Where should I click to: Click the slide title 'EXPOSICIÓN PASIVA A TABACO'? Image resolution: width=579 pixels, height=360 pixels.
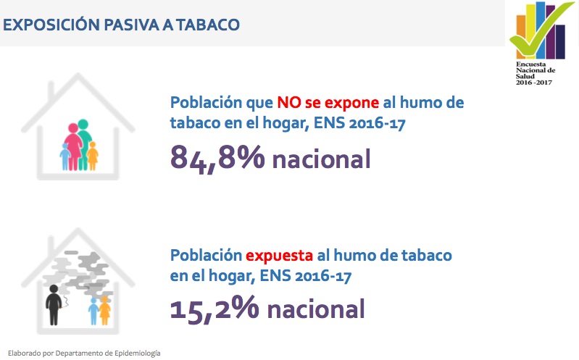[121, 25]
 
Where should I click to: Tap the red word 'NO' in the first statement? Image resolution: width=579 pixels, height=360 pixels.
[289, 103]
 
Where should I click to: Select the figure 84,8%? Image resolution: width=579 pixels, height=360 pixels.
[217, 159]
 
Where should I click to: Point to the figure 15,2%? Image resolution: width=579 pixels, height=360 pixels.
[214, 309]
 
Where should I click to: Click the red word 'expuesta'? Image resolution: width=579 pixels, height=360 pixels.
[279, 256]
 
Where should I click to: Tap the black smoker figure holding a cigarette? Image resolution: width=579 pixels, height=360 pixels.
[54, 305]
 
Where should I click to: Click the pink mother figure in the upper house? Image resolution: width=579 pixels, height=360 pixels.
[73, 146]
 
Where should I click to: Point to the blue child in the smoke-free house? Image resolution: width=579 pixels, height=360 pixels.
[65, 156]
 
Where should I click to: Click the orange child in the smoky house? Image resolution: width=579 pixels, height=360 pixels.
[105, 311]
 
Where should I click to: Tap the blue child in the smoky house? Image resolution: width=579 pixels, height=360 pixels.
[93, 311]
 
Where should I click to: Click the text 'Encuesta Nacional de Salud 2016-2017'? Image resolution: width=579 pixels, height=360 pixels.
[536, 73]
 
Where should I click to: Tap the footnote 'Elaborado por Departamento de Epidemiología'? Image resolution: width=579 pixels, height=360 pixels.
[84, 353]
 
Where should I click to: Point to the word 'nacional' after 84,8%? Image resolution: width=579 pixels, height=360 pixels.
[321, 159]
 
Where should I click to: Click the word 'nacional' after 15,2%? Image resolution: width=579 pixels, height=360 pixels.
[316, 309]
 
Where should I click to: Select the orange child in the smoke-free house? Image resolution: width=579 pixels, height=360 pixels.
[92, 156]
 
